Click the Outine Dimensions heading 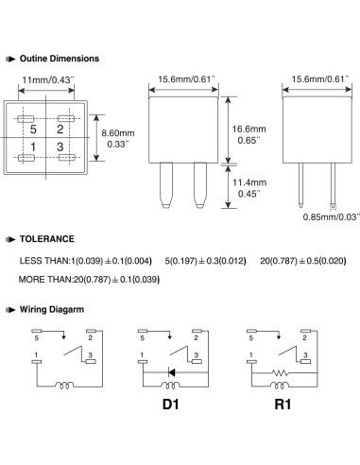pyautogui.click(x=60, y=59)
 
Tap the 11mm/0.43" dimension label pyautogui.click(x=48, y=80)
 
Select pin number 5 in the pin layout pyautogui.click(x=33, y=129)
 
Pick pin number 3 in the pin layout pyautogui.click(x=60, y=146)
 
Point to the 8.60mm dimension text pyautogui.click(x=118, y=133)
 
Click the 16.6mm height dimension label pyautogui.click(x=249, y=129)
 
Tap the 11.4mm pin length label pyautogui.click(x=249, y=182)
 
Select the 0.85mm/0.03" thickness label pyautogui.click(x=331, y=217)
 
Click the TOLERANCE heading pyautogui.click(x=47, y=239)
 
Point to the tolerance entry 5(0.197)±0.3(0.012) pyautogui.click(x=205, y=261)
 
